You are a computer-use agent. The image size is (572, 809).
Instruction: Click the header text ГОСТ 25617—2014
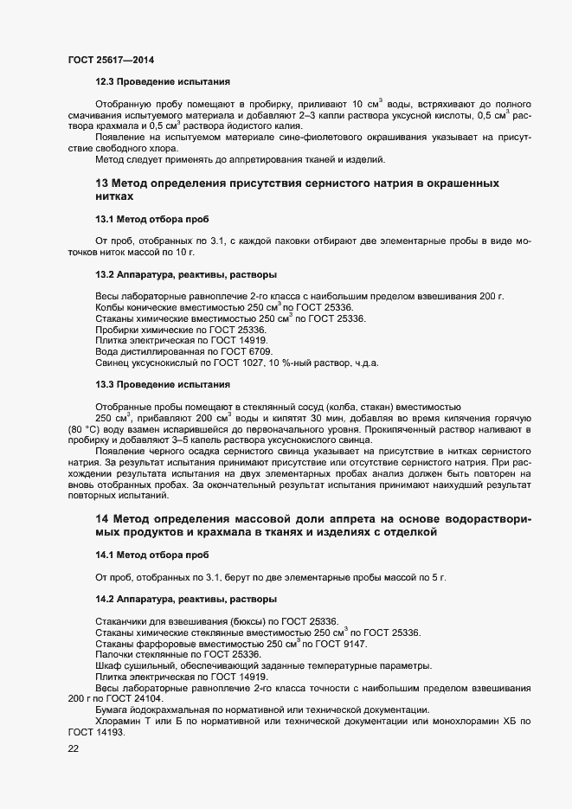(111, 60)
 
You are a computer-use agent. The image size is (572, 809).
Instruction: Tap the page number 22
(74, 749)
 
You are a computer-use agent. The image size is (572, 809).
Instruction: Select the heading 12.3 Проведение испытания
(163, 83)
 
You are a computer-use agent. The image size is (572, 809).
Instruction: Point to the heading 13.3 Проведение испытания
(163, 383)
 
